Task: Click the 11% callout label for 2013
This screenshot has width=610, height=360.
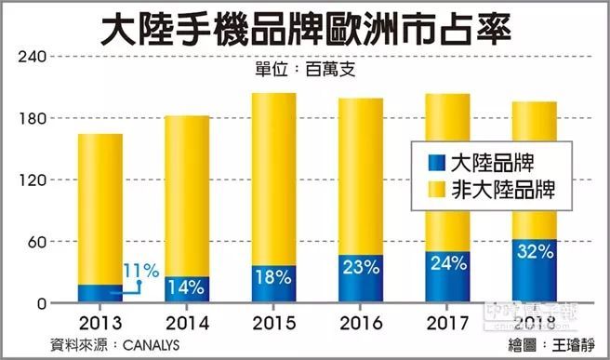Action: [x=142, y=271]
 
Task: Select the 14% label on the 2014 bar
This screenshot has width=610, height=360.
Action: [x=186, y=286]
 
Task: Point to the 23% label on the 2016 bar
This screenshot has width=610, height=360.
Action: [x=360, y=267]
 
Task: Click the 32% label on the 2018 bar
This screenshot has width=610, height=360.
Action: [x=534, y=251]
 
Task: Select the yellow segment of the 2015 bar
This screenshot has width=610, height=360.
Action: [x=273, y=177]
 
